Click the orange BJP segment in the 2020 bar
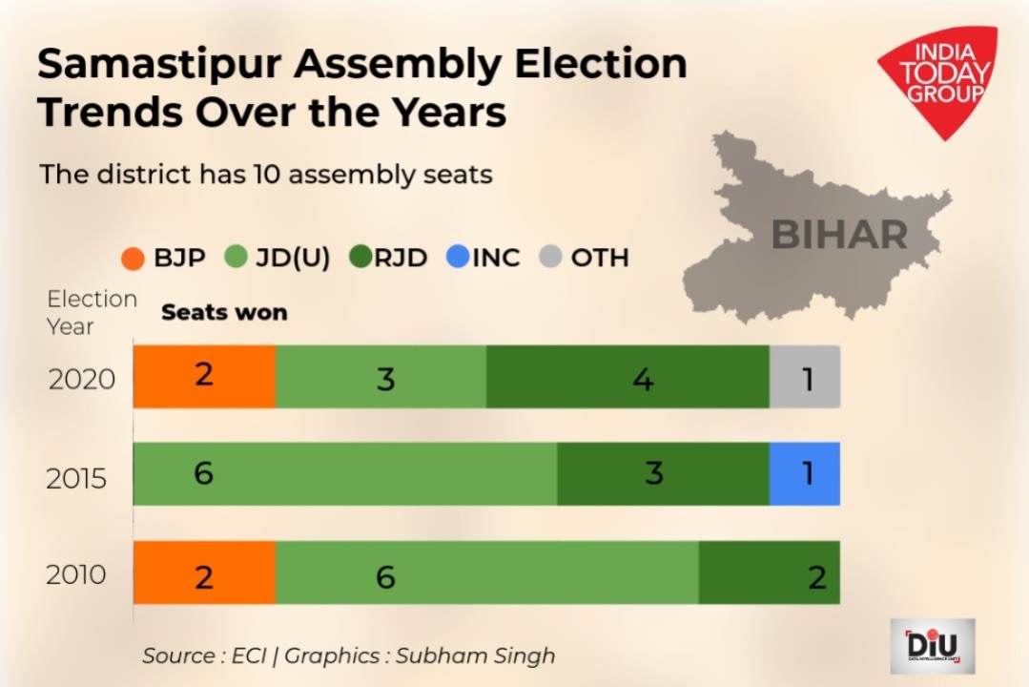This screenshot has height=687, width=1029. tap(204, 377)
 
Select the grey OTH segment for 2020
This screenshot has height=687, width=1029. tap(805, 377)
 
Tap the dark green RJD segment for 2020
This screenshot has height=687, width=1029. tap(628, 377)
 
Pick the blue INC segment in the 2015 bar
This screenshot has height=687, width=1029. tap(805, 474)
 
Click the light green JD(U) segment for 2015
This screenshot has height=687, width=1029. tap(344, 474)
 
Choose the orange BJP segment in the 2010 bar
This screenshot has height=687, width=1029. tap(204, 572)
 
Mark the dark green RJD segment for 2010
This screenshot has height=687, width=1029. tap(769, 572)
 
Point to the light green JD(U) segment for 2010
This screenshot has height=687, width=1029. tap(486, 572)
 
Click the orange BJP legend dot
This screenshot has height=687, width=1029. tap(134, 258)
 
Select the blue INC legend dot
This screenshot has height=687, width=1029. tap(458, 257)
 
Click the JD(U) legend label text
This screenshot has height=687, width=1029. tap(292, 258)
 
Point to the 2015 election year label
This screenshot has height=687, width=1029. tap(77, 478)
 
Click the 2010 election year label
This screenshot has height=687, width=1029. tap(77, 575)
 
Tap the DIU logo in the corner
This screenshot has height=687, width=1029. tap(932, 646)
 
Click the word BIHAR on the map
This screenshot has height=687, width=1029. tap(838, 234)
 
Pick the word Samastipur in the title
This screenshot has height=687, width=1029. tap(160, 65)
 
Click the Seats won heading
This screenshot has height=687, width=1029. tap(224, 313)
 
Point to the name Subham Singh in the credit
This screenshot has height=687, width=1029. tap(475, 656)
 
